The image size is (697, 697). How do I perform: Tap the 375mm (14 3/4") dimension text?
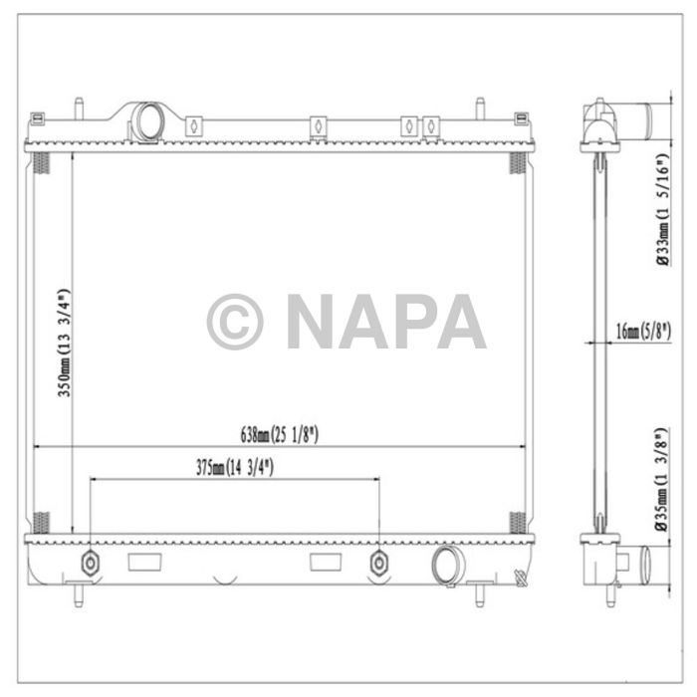point(235,466)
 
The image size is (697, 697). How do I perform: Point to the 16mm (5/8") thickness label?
point(643,331)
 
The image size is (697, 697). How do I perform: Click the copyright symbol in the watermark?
point(235,321)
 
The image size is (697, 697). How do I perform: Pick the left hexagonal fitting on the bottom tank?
point(91,563)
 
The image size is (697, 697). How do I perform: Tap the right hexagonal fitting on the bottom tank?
point(378,564)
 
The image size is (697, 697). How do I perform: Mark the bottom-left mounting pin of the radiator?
point(77,591)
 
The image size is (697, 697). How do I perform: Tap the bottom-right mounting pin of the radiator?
point(480,591)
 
